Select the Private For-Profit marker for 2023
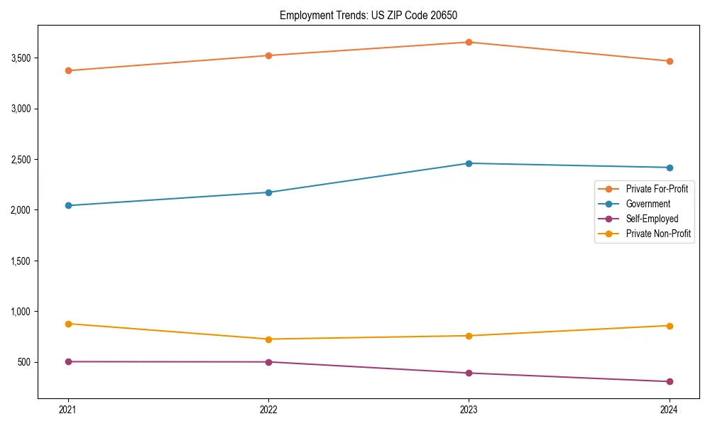click(x=469, y=42)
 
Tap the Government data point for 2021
click(x=68, y=206)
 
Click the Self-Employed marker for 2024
click(x=669, y=381)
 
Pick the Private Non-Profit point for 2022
click(x=268, y=339)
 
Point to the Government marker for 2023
click(x=469, y=163)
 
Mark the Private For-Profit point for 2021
click(x=68, y=70)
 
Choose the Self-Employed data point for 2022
click(x=268, y=362)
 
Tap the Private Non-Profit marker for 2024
click(x=669, y=326)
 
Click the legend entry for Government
click(x=648, y=204)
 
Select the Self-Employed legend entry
click(x=652, y=219)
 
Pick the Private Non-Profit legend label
click(x=658, y=234)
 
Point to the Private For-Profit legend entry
click(x=657, y=189)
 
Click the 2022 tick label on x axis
click(x=268, y=409)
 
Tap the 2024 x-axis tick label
click(x=669, y=409)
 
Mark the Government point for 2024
click(x=669, y=168)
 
